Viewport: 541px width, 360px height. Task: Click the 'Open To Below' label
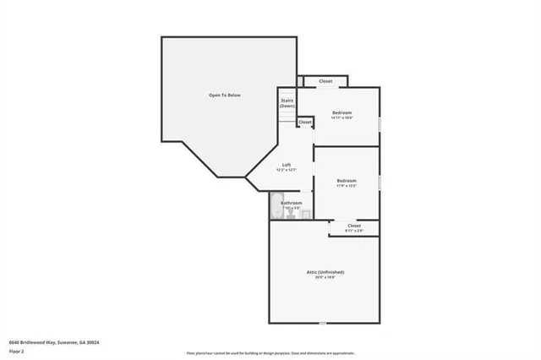pyautogui.click(x=225, y=95)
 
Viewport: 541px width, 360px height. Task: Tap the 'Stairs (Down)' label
pyautogui.click(x=287, y=103)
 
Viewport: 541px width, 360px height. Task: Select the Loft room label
pyautogui.click(x=287, y=165)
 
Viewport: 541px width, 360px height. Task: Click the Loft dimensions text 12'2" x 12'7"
pyautogui.click(x=287, y=171)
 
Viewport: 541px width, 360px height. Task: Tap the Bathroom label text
pyautogui.click(x=292, y=203)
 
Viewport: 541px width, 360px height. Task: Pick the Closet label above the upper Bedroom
pyautogui.click(x=325, y=82)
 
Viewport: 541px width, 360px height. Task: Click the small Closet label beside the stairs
pyautogui.click(x=304, y=123)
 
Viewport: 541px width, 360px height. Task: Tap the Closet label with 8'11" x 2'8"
pyautogui.click(x=354, y=226)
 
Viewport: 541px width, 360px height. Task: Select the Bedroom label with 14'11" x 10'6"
pyautogui.click(x=342, y=113)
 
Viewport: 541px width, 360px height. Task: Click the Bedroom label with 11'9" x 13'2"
pyautogui.click(x=347, y=180)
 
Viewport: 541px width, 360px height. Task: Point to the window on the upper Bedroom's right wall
pyautogui.click(x=379, y=123)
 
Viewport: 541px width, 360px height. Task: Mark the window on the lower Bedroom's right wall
pyautogui.click(x=379, y=183)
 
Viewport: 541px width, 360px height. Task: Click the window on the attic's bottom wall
pyautogui.click(x=323, y=323)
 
